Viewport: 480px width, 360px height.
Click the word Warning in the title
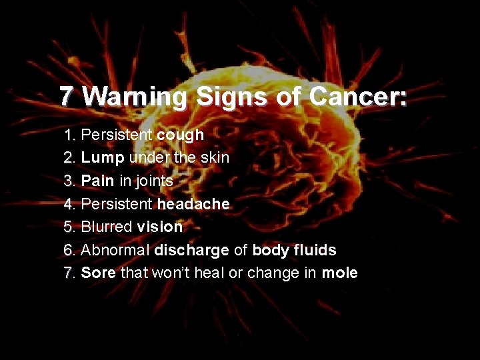pos(135,97)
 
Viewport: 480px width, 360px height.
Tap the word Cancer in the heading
pos(357,97)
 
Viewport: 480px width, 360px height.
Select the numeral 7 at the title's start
pos(65,97)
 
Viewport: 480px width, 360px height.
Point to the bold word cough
pos(180,135)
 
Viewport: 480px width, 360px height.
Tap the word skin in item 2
pos(215,158)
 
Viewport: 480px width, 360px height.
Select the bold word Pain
pos(97,181)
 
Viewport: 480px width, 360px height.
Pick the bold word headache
pos(193,204)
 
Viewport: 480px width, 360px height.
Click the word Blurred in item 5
pos(107,227)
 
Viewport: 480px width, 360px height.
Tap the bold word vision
pos(160,227)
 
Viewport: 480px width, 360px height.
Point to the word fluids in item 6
pos(317,250)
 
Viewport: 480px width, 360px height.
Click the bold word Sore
pos(98,273)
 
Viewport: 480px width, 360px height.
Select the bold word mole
pos(339,273)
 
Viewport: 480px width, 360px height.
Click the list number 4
pos(69,204)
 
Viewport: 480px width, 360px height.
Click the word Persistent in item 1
pos(116,135)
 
